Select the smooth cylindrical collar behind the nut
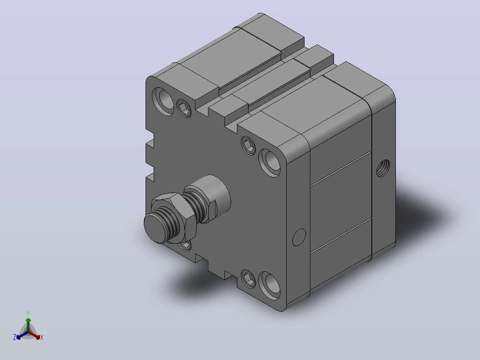[x=214, y=196]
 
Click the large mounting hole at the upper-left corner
[x=163, y=102]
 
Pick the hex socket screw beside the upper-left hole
[x=184, y=108]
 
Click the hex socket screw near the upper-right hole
[x=248, y=146]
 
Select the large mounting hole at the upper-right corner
[x=269, y=163]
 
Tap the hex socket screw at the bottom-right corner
[x=248, y=279]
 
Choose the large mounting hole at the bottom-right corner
[x=269, y=286]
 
